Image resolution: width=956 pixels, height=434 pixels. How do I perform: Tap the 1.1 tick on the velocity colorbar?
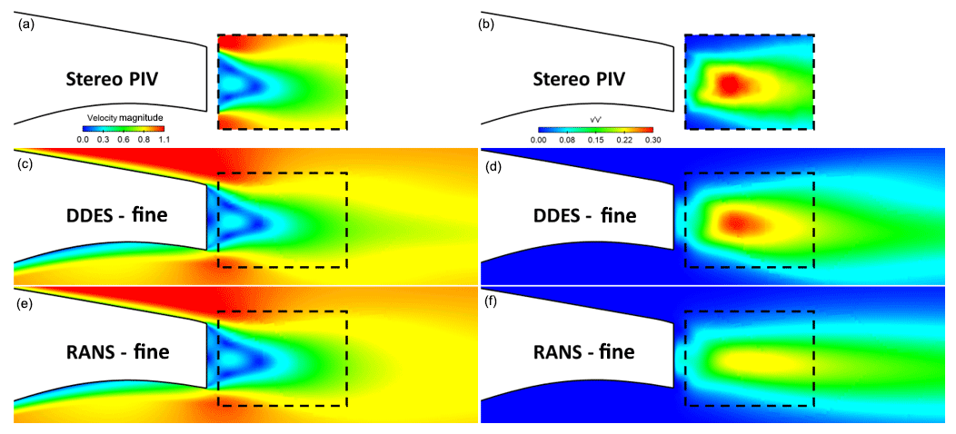click(x=164, y=139)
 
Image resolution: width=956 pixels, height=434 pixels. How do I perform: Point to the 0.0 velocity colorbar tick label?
click(x=82, y=139)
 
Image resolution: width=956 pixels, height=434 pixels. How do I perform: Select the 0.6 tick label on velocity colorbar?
click(x=124, y=139)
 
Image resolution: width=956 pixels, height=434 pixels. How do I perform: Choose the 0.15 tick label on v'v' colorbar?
click(x=596, y=140)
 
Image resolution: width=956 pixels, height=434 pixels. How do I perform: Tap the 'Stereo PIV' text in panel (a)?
click(x=113, y=79)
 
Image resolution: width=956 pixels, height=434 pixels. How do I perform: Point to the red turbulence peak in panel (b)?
click(x=731, y=85)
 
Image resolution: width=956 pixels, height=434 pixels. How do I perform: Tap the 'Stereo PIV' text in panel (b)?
click(x=580, y=79)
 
